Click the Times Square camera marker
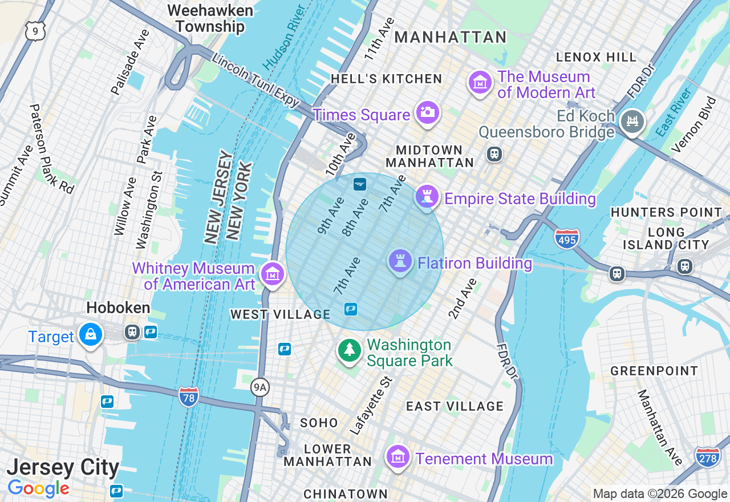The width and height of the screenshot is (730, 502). point(427,112)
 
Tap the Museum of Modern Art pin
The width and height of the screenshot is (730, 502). point(480,83)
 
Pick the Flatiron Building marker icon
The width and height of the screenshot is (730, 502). point(400,261)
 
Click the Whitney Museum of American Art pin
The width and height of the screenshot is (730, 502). point(273,274)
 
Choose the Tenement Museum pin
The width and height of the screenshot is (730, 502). point(398,457)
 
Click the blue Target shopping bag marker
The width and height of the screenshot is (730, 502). point(91,335)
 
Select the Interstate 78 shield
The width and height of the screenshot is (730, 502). point(188,396)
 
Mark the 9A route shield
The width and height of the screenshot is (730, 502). point(259,388)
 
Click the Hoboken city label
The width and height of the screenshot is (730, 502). point(118,308)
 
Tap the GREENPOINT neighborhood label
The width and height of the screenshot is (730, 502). point(654,371)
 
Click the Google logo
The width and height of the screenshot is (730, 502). point(38,488)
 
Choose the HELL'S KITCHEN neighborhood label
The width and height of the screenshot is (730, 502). point(386,79)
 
